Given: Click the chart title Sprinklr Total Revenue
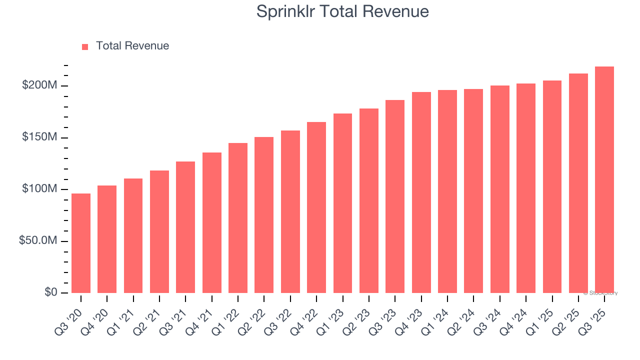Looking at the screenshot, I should click(342, 11).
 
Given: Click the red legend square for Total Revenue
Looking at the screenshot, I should click(85, 46).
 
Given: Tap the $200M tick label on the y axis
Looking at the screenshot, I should click(39, 85).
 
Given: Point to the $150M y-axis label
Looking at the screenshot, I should click(39, 137).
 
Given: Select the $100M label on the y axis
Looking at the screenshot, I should click(39, 189).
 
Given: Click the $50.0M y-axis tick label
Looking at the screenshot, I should click(37, 240).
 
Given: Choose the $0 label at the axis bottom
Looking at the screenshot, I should click(50, 292).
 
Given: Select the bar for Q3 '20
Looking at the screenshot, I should click(81, 243).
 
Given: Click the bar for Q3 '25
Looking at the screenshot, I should click(604, 180).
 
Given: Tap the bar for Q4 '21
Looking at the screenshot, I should click(212, 222).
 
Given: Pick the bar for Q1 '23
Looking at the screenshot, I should click(342, 203).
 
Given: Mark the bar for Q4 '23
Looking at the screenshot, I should click(421, 192).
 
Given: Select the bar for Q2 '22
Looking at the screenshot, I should click(264, 215).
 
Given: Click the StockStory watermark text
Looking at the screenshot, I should click(600, 293).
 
